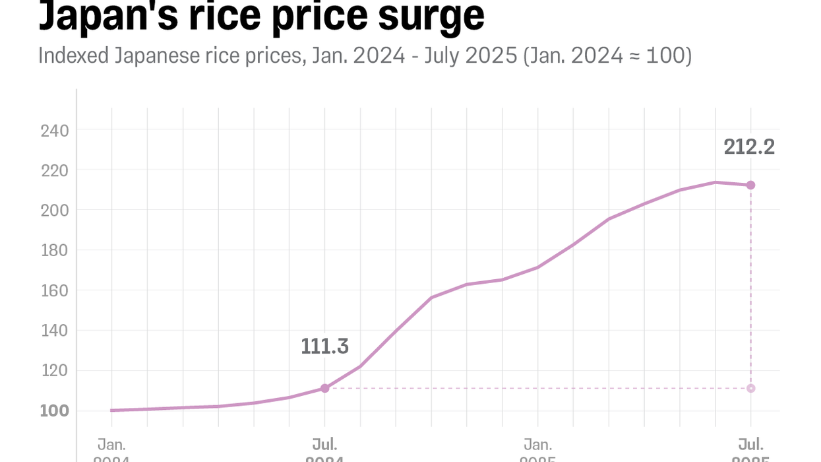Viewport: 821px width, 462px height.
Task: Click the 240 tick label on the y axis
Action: pos(54,131)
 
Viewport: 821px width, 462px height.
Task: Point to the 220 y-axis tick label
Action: pos(54,171)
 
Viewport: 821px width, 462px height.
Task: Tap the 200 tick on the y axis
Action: pos(54,211)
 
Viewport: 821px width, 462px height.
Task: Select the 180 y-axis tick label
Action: pos(54,251)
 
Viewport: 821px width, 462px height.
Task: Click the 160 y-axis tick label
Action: pos(54,290)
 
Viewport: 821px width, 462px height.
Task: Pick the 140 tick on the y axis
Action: pos(54,331)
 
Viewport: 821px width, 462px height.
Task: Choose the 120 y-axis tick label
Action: pos(54,371)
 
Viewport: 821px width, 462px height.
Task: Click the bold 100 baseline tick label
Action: pos(54,411)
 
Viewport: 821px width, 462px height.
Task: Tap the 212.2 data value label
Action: pos(749,147)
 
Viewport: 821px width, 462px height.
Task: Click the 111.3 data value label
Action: pos(324,346)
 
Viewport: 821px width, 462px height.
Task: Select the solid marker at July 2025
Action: pos(750,185)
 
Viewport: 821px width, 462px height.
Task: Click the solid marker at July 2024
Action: pos(324,388)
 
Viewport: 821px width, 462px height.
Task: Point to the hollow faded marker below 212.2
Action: pos(750,388)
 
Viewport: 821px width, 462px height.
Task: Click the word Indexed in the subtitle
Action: pos(73,56)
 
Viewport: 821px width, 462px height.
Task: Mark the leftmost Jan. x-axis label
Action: pos(111,444)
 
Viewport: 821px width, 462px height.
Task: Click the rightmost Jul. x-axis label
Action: pos(750,444)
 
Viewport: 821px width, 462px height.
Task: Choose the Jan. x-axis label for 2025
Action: pos(537,444)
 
